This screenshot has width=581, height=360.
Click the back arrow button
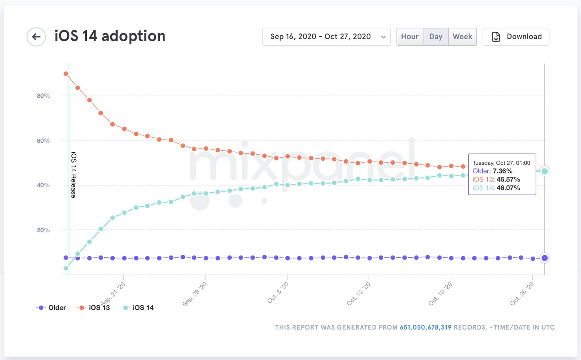[36, 37]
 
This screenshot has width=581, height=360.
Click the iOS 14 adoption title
[110, 36]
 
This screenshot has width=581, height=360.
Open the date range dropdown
[326, 37]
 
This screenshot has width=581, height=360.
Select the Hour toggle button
[410, 37]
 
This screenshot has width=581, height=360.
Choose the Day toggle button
[435, 37]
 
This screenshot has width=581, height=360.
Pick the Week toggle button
[462, 37]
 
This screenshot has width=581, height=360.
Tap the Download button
[516, 37]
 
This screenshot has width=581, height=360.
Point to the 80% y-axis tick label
[43, 96]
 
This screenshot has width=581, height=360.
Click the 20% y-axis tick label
[43, 230]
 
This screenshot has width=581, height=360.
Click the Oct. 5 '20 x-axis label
[278, 292]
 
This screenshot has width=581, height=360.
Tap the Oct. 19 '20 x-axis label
[440, 294]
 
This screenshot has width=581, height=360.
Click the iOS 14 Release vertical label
[73, 175]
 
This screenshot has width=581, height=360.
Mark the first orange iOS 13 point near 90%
[66, 74]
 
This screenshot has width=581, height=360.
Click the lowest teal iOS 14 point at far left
[66, 268]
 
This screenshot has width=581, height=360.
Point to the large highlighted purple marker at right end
[544, 258]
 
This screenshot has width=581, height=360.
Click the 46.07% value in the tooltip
[508, 188]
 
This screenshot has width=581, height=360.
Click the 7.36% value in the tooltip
[503, 171]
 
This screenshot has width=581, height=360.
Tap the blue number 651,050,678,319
[425, 327]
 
